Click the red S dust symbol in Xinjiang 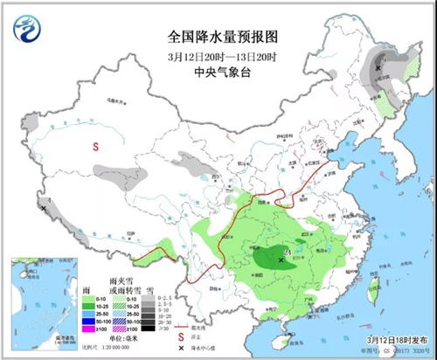95,148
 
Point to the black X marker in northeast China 378,67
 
